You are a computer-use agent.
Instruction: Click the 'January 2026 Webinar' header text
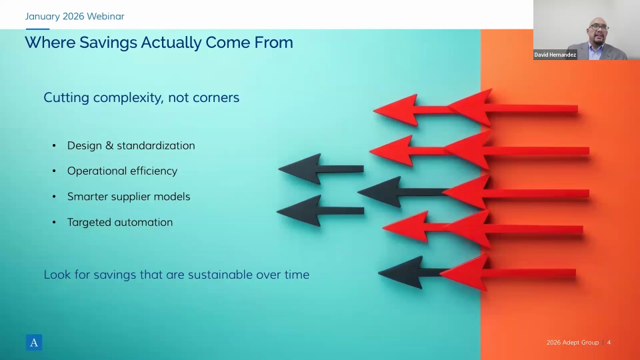(75, 16)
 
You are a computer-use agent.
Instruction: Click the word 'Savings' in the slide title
(108, 43)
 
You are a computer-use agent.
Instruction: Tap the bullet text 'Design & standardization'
(131, 146)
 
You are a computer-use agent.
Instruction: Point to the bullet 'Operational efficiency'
(123, 171)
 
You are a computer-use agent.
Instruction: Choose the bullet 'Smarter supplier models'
(129, 197)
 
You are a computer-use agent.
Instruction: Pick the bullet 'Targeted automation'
(120, 223)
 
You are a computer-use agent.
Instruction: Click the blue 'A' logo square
(34, 343)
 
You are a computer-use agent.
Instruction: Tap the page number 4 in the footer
(609, 343)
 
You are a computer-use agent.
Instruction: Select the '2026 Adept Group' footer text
(573, 343)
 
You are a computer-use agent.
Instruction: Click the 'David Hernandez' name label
(555, 55)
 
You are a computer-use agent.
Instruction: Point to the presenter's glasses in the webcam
(599, 27)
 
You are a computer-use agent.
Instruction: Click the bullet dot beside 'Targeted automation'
(54, 223)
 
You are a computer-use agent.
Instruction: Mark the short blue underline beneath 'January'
(37, 29)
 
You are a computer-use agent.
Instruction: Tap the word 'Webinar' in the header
(106, 16)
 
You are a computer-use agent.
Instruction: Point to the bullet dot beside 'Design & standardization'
(54, 146)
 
